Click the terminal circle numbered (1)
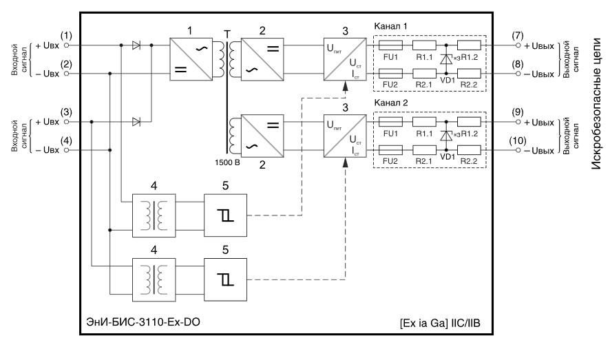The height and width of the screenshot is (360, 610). [x=66, y=45]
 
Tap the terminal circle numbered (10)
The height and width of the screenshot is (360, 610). [x=518, y=150]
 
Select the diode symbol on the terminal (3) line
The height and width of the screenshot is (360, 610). [x=136, y=122]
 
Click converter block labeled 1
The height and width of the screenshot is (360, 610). [x=191, y=59]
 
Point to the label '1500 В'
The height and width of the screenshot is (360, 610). [x=227, y=162]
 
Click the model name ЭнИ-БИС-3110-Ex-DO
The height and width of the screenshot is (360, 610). [x=143, y=322]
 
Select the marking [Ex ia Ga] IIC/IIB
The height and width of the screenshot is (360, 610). [x=440, y=323]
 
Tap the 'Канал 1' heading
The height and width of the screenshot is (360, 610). [x=390, y=26]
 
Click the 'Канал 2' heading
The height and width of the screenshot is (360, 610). [x=390, y=103]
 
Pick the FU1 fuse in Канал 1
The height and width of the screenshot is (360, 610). [x=390, y=45]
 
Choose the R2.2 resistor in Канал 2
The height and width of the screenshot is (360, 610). [x=469, y=150]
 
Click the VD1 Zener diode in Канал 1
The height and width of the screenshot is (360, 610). [x=446, y=59]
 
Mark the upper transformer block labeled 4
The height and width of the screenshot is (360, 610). [x=154, y=215]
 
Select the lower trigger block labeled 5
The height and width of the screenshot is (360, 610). [x=225, y=279]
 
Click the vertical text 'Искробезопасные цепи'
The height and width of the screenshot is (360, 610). [x=596, y=103]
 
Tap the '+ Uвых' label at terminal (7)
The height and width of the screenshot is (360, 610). [x=539, y=46]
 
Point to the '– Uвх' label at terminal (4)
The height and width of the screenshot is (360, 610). [x=48, y=151]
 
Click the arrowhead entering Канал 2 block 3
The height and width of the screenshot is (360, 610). [x=345, y=162]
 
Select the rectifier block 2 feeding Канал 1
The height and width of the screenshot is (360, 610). [x=262, y=59]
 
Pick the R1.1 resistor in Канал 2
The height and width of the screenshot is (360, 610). [x=424, y=122]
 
